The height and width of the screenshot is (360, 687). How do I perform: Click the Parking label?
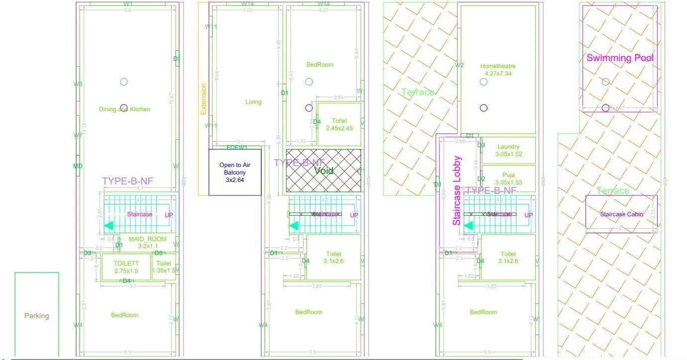tap(37, 316)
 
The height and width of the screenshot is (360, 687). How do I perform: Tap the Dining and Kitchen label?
tap(124, 109)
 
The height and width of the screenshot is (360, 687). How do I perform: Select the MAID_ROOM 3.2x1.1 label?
tap(147, 242)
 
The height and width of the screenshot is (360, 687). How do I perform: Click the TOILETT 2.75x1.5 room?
tap(126, 267)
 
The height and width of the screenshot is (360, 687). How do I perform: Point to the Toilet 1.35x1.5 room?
tap(164, 267)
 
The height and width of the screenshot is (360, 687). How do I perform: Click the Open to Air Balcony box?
tap(235, 172)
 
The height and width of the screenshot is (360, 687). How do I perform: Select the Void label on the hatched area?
tap(324, 171)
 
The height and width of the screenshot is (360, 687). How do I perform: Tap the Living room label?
tap(253, 102)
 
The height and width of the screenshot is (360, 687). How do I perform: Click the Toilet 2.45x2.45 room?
tap(339, 124)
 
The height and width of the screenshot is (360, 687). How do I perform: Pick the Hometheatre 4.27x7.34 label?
tap(498, 70)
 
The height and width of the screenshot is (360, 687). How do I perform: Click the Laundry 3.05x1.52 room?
tap(508, 150)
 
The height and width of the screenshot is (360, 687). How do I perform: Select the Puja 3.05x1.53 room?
tap(508, 179)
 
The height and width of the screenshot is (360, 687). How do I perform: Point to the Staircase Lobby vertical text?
tap(457, 191)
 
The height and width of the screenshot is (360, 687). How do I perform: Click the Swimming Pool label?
tap(620, 58)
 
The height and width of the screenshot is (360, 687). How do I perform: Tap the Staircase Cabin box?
tap(621, 214)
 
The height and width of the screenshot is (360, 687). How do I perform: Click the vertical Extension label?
tap(203, 99)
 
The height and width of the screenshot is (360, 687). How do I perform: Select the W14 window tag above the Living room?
tap(247, 4)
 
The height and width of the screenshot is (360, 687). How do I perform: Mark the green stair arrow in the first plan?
tap(108, 226)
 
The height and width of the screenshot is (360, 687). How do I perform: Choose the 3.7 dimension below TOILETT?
tap(133, 286)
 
